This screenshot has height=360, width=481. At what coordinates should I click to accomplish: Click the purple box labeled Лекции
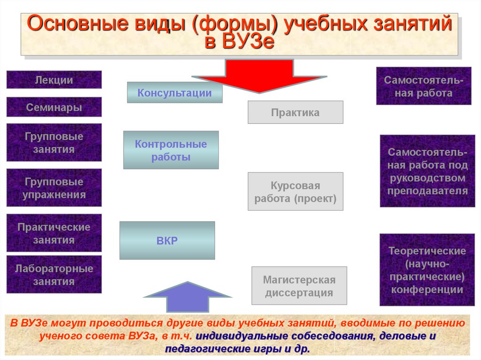[54, 80]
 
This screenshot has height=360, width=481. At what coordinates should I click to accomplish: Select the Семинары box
[54, 107]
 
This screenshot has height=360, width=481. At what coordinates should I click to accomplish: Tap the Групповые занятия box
[54, 143]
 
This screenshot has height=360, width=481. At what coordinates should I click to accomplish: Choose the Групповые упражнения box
[54, 188]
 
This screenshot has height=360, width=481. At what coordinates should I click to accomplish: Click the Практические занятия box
[54, 233]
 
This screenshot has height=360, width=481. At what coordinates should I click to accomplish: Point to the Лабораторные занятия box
[54, 275]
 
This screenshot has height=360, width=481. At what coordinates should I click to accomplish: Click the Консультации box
[174, 93]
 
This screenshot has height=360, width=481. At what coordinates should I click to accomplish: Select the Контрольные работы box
[171, 150]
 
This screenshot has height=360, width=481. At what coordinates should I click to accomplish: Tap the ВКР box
[167, 241]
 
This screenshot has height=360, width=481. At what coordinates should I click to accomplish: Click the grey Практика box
[295, 113]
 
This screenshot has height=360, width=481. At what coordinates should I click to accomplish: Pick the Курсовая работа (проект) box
[295, 191]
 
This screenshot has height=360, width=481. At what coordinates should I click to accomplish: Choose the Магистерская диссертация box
[299, 286]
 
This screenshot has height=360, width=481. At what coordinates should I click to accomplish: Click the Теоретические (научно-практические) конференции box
[427, 270]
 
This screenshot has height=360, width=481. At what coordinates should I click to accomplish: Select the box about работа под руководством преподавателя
[427, 171]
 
